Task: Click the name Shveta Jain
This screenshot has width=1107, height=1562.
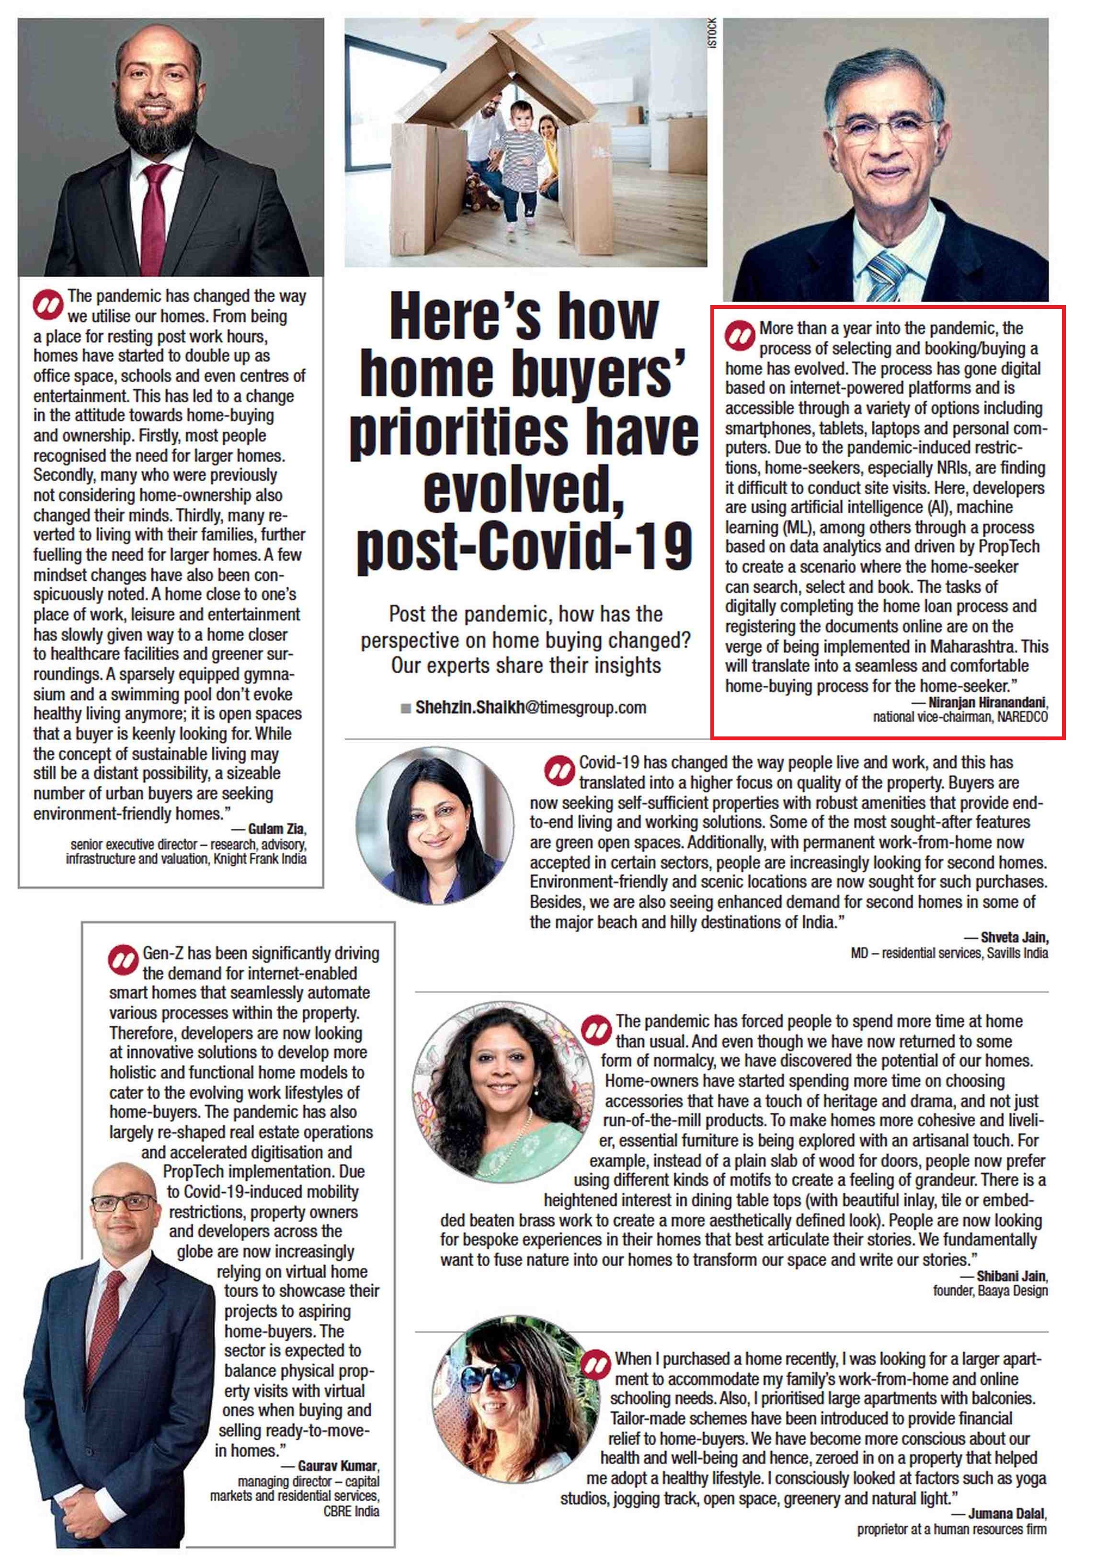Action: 1014,938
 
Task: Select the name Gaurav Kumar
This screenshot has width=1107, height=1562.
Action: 337,1465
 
